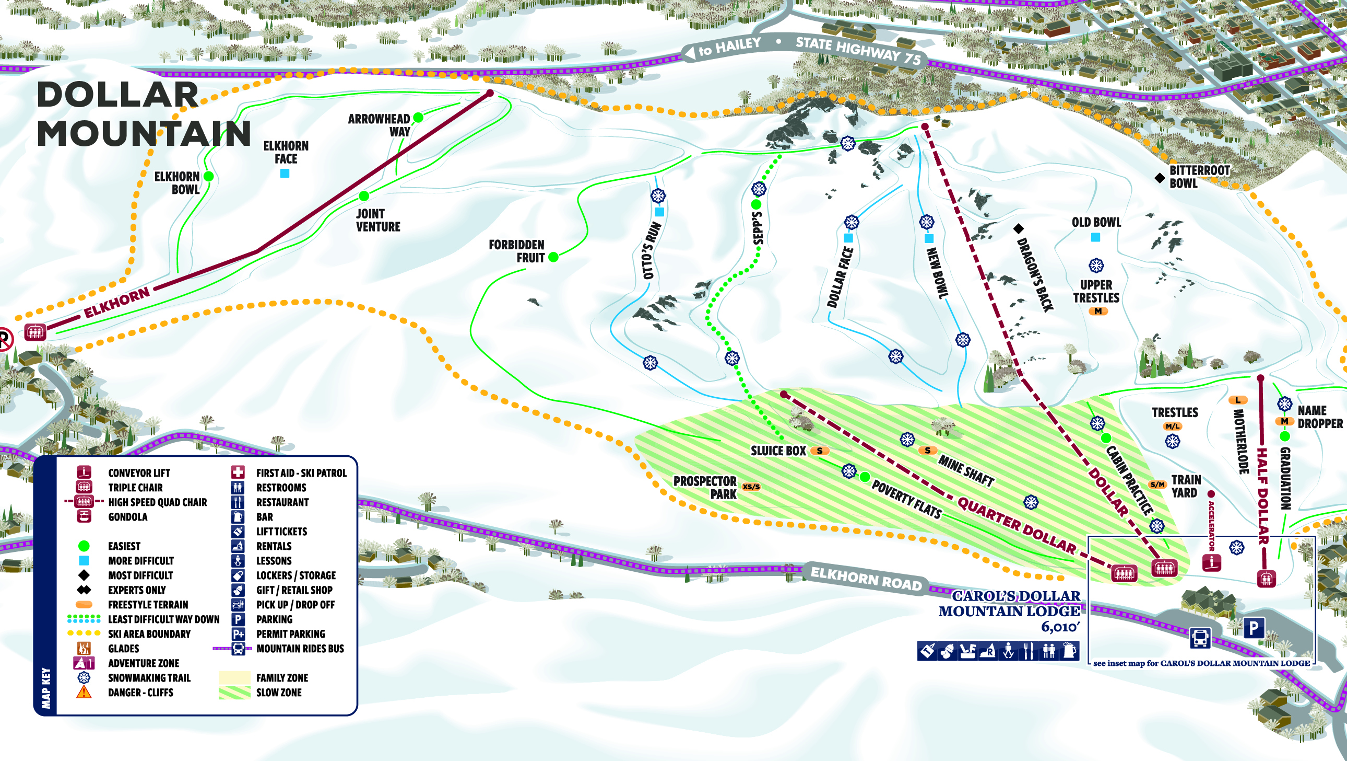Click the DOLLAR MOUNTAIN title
pos(144,114)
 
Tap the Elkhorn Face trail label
pos(286,152)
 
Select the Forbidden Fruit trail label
pos(517,251)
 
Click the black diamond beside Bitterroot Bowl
pos(1159,178)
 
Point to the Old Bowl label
pos(1096,223)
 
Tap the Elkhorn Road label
pos(866,579)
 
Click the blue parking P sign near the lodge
pos(1254,628)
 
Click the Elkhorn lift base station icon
pos(35,332)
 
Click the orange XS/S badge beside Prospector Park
pos(751,487)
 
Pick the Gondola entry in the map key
pos(127,516)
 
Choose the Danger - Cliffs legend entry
pos(140,693)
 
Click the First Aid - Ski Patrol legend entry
pos(301,472)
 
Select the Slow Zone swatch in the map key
pos(234,693)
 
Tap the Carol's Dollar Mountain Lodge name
pos(1009,604)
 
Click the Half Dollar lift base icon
pos(1266,579)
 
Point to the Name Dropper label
pos(1319,417)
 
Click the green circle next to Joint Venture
pos(364,197)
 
